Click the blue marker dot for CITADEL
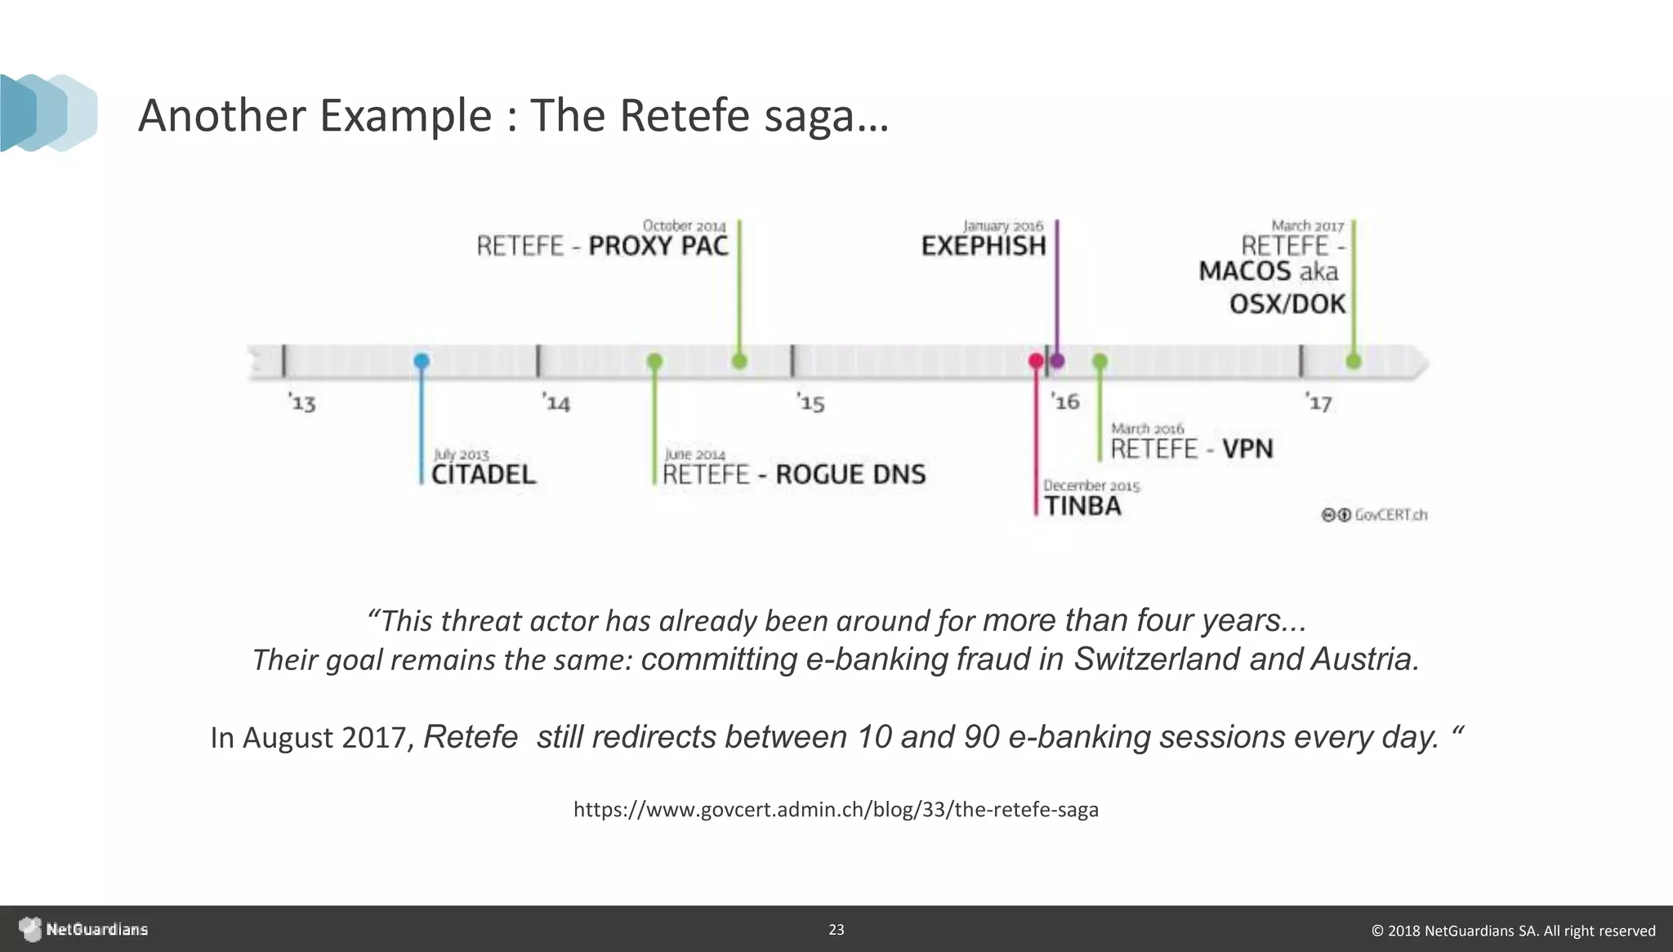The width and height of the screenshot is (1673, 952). (421, 360)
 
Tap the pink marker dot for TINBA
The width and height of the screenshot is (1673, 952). (1036, 360)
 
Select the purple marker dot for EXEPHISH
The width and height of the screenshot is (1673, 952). (1057, 360)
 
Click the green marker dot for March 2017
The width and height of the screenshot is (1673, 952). (1353, 360)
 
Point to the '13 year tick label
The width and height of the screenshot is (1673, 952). (302, 403)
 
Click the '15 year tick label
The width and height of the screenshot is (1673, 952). (811, 403)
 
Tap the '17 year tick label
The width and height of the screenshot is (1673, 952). (1319, 403)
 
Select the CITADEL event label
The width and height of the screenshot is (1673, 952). (484, 474)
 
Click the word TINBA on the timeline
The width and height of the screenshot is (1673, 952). (1083, 506)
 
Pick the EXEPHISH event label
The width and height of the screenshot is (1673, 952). (984, 245)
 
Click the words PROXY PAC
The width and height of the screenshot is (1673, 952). (658, 245)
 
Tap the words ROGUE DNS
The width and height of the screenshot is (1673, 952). (850, 474)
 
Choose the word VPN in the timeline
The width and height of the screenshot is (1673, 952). (1247, 449)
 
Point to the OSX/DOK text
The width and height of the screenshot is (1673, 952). (1287, 304)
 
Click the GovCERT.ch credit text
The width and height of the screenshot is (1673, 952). (1390, 515)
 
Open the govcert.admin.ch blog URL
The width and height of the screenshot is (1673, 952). (836, 810)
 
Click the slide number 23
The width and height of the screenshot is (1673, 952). (836, 929)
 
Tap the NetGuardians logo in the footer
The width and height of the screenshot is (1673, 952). (84, 929)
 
